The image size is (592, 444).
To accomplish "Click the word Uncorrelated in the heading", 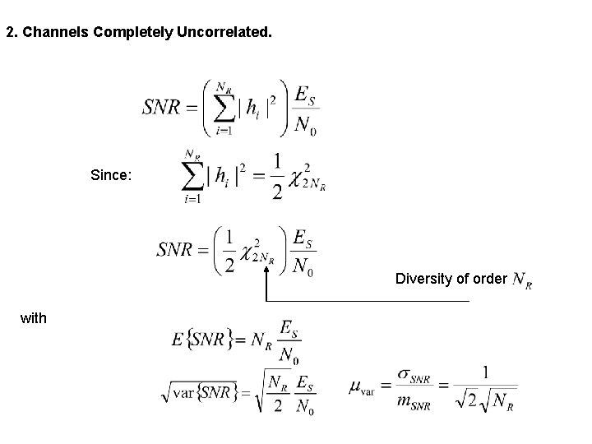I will [222, 34].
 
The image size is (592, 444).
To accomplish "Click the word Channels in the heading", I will [49, 34].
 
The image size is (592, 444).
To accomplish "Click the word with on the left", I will [34, 317].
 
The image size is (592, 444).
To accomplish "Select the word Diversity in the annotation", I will [420, 279].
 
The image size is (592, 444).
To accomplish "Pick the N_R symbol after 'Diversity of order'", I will [521, 281].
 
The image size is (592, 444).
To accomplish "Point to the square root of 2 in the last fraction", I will [467, 400].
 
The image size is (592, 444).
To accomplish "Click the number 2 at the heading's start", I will [9, 34].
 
